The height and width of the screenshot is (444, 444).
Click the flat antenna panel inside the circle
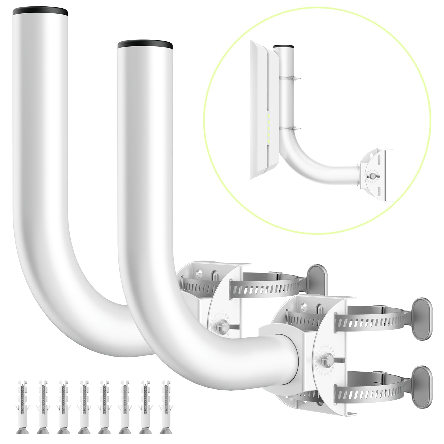coord(264,111)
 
